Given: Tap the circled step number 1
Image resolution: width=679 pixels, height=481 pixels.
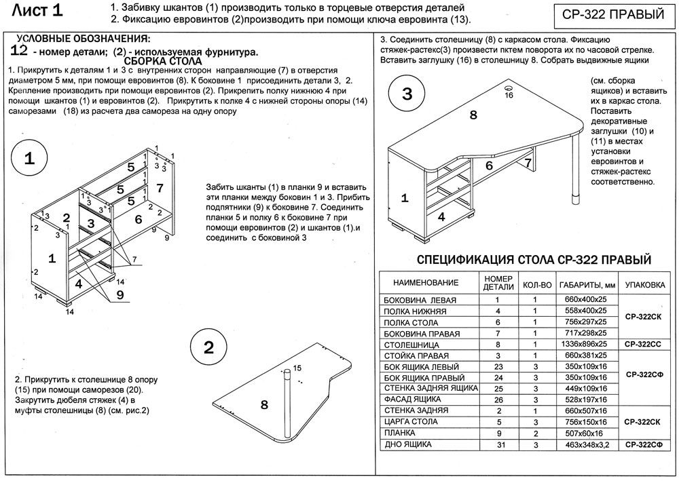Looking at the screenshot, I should click(29, 159).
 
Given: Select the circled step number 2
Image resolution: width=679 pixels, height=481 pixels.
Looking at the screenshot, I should click(208, 347).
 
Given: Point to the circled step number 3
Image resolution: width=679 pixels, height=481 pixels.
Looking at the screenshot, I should click(407, 94).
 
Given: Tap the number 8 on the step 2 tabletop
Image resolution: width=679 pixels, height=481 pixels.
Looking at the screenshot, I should click(264, 405).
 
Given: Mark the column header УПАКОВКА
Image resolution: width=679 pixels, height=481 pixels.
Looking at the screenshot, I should click(644, 284).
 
